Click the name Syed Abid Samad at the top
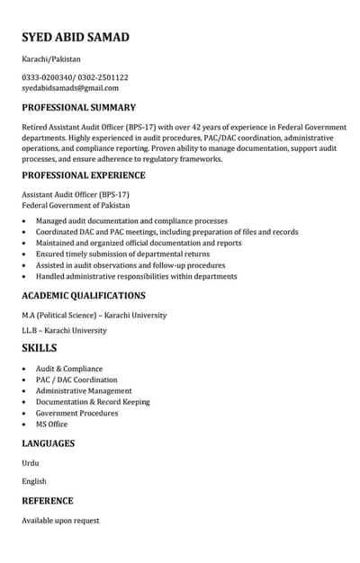tap(76, 37)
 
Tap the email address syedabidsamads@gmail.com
tap(70, 88)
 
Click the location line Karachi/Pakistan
tap(51, 58)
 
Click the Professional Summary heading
tap(79, 107)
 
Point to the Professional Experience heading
tap(84, 175)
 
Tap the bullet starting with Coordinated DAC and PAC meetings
tap(166, 232)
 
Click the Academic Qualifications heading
tap(84, 295)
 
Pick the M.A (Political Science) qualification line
tap(94, 316)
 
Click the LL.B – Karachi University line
tap(64, 330)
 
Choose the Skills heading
tap(40, 348)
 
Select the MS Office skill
tap(51, 424)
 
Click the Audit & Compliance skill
tap(69, 369)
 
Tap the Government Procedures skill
tap(76, 413)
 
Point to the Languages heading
tap(49, 443)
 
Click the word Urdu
tap(31, 463)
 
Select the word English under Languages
tap(34, 481)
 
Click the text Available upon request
tap(60, 521)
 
